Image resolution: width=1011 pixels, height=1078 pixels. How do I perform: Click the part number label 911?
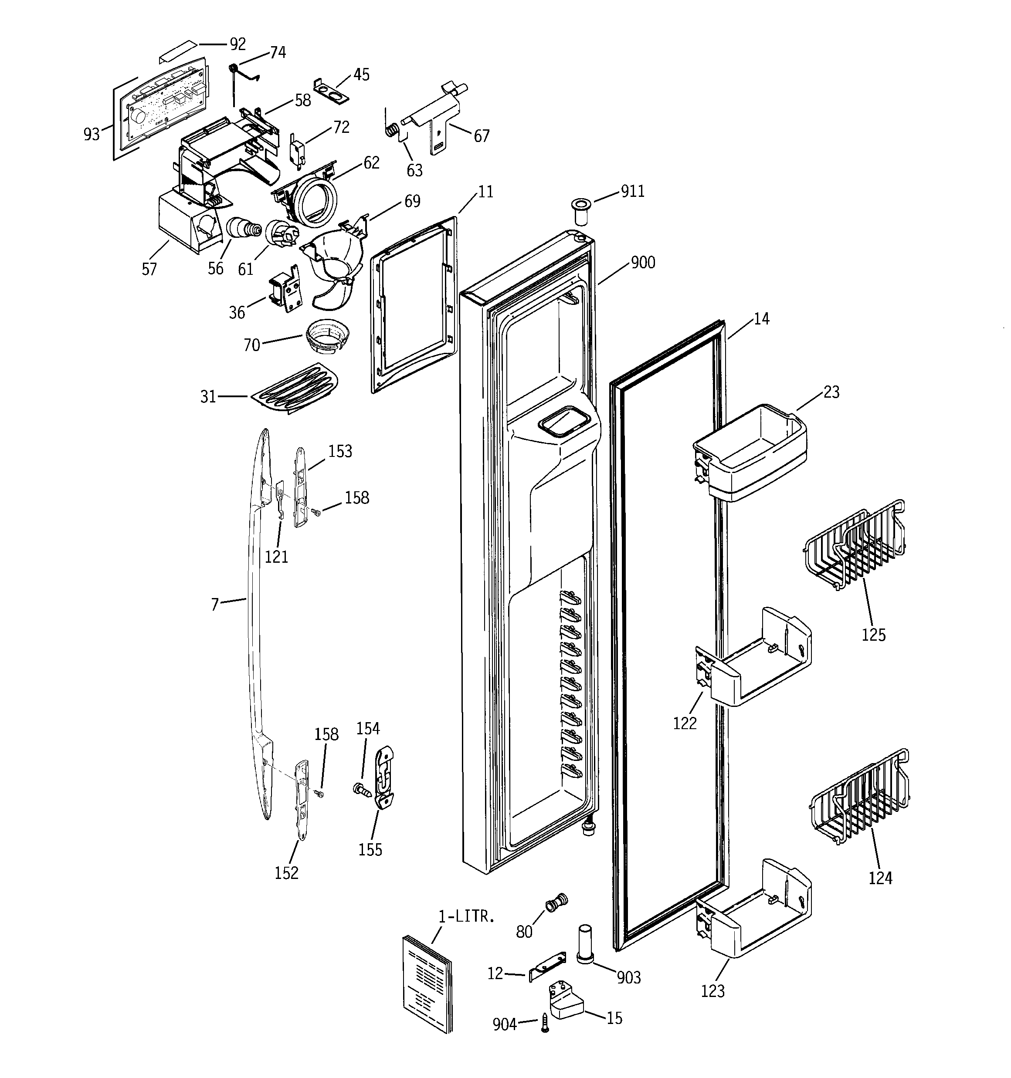coord(632,191)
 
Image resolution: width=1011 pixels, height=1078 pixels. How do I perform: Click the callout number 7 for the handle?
coord(215,604)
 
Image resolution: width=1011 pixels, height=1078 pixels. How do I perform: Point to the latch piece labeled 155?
coord(384,777)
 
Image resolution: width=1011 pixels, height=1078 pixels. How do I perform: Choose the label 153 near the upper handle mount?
coord(340,451)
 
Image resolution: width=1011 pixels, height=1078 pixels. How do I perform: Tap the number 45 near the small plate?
coord(361,75)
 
